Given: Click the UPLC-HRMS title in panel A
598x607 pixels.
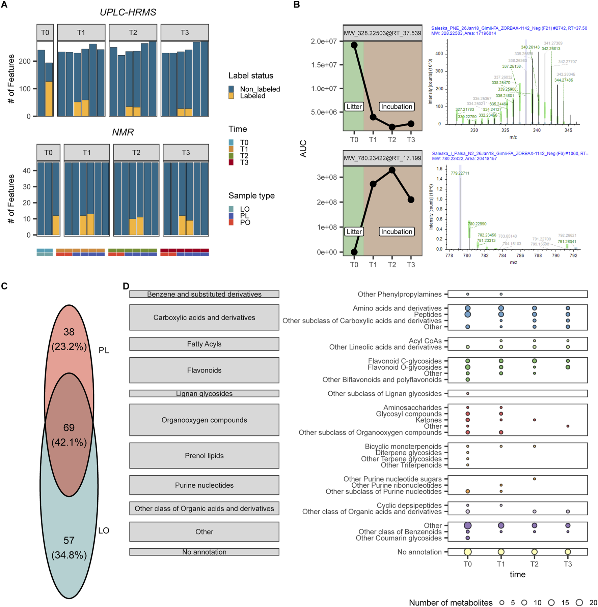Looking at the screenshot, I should click(x=128, y=12).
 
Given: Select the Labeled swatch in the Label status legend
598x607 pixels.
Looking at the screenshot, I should click(x=231, y=96).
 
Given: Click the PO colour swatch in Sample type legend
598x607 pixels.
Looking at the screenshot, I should click(x=231, y=222).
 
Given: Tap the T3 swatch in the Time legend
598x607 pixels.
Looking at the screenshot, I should click(x=231, y=162).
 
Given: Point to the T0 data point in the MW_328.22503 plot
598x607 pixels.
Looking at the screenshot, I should click(x=354, y=45).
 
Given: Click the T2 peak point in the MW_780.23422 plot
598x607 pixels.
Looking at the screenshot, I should click(x=392, y=170).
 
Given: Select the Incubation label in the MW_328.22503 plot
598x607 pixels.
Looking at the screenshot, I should click(x=397, y=107).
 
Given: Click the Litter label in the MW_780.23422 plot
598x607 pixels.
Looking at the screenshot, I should click(x=354, y=232).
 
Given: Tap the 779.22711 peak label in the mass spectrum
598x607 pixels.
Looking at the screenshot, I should click(x=460, y=173).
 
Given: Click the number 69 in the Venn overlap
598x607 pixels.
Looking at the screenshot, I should click(x=69, y=427).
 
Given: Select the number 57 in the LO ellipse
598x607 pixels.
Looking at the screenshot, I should click(x=69, y=541).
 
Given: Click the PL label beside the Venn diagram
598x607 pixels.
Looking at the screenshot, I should click(x=104, y=351).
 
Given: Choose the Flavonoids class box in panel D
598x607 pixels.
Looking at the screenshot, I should click(x=204, y=370).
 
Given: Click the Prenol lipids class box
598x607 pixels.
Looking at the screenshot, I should click(x=204, y=456).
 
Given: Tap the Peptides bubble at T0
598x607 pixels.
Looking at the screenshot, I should click(x=467, y=314).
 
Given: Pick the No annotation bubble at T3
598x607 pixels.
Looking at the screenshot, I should click(x=568, y=552).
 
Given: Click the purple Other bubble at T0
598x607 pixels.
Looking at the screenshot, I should click(x=467, y=525).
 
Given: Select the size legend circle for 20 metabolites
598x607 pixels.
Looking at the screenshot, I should click(x=579, y=603).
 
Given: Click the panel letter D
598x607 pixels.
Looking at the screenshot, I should click(x=126, y=286).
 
